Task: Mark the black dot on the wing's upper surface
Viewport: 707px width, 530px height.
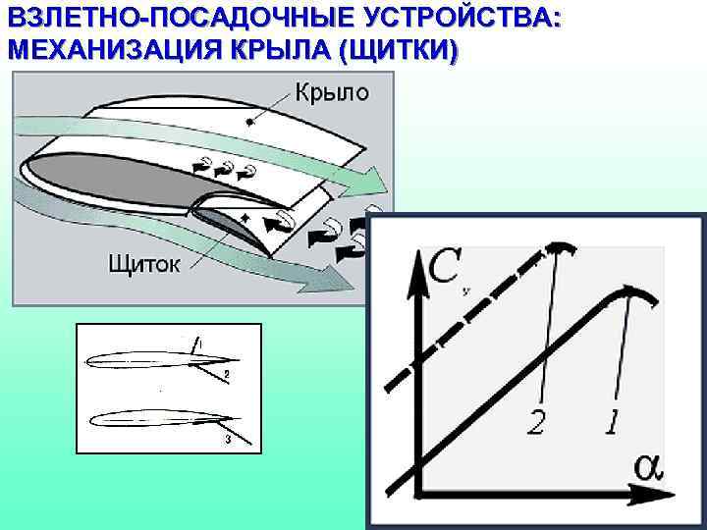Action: click(249, 123)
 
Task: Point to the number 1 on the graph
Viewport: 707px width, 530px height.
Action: click(613, 423)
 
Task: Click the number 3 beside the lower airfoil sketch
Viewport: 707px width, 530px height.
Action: click(227, 439)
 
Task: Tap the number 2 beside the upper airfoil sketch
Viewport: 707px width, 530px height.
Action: click(226, 375)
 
